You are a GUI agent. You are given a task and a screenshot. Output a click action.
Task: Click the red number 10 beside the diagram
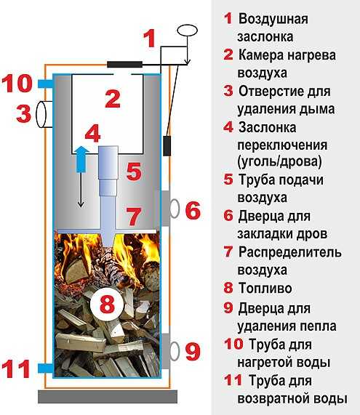coord(17,83)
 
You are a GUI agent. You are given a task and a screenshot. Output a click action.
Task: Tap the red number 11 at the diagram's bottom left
coord(15,368)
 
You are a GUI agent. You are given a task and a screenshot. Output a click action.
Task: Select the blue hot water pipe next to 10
coord(46,84)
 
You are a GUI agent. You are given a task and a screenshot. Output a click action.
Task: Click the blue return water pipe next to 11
coord(46,368)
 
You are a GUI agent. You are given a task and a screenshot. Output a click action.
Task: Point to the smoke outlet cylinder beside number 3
coord(44,114)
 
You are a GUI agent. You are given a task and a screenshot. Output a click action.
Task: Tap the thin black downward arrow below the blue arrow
coord(81,190)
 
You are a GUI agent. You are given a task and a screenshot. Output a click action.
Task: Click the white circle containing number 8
coord(107,304)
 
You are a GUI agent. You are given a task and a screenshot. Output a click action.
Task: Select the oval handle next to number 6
coord(174,209)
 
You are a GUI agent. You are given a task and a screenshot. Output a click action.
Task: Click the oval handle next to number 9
coord(174,351)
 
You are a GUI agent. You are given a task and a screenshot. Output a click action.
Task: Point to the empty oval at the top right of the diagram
coord(188,31)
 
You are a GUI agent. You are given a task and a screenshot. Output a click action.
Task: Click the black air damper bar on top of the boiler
coord(125,64)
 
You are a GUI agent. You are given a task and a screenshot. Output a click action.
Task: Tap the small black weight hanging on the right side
coord(167,146)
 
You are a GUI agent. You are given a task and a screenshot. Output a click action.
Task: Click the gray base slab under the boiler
coord(108,396)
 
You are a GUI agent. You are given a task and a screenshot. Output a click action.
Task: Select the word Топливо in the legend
coord(265,288)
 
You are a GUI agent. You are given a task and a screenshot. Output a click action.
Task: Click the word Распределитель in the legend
coord(289,252)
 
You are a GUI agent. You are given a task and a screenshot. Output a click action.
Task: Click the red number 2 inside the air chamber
coord(113,99)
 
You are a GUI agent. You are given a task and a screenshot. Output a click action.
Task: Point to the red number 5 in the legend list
coord(228,180)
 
